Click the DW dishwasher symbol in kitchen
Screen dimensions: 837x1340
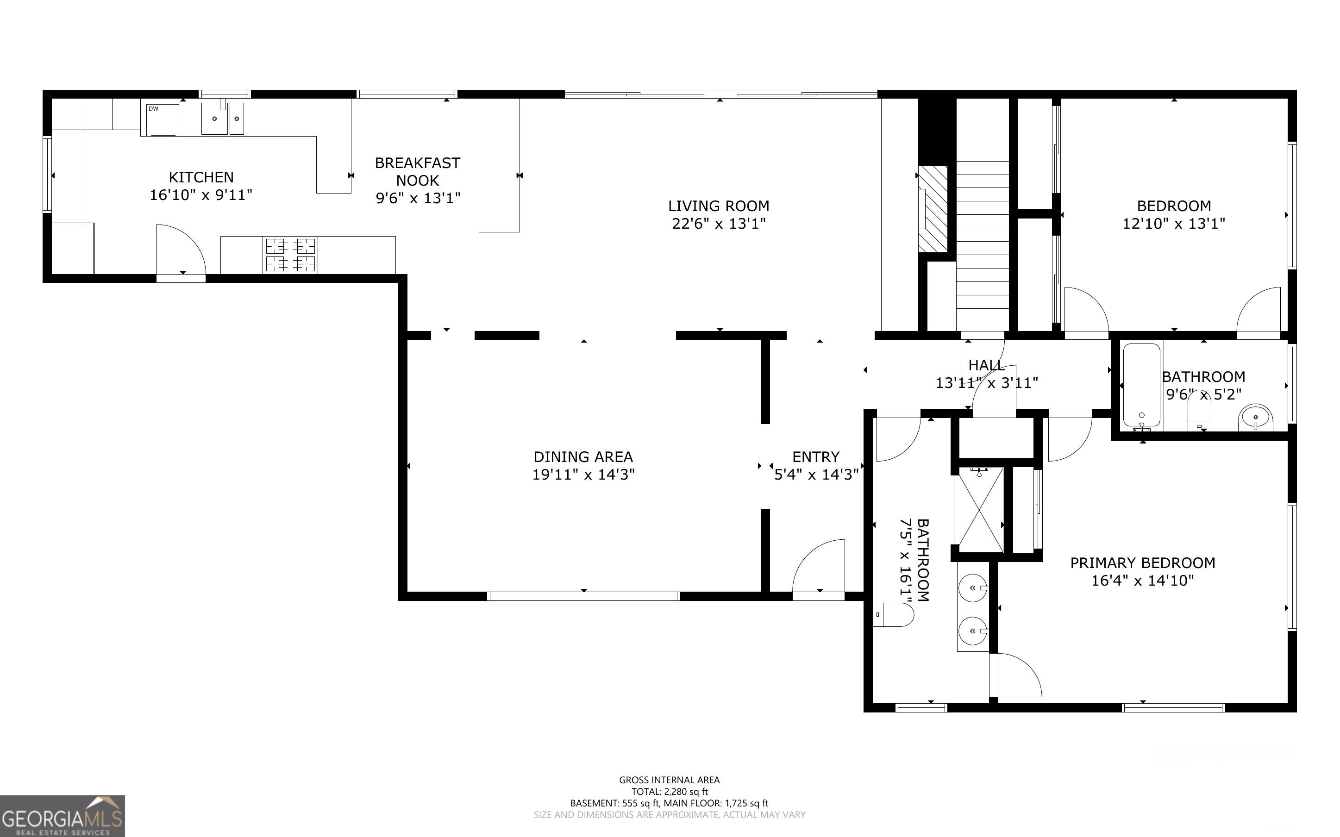[x=162, y=119]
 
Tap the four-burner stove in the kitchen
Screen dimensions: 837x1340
[x=291, y=255]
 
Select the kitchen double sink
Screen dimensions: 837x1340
[x=222, y=118]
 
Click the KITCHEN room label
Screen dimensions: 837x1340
[x=201, y=177]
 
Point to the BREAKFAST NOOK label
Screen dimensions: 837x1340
[x=417, y=172]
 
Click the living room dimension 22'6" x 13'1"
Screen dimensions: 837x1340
[x=719, y=224]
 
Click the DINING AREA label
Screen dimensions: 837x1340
[x=583, y=457]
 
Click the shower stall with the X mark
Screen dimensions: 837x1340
[x=978, y=510]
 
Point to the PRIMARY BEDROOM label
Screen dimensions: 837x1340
[x=1142, y=563]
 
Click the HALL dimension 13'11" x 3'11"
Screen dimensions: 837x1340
[x=986, y=383]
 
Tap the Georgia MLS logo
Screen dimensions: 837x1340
[x=62, y=816]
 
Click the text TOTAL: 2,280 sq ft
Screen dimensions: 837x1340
[x=669, y=792]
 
